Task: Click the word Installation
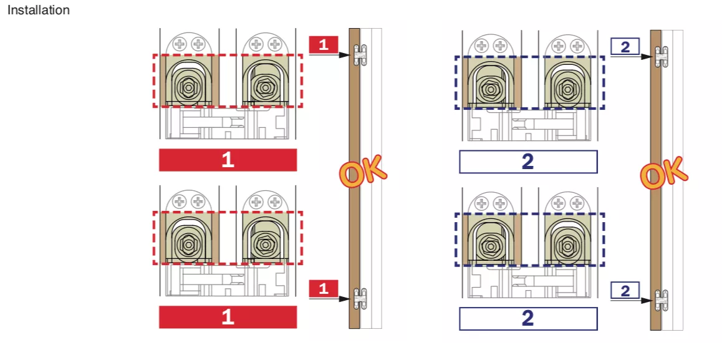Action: click(39, 10)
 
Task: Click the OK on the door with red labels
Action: click(363, 171)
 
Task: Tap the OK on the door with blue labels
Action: click(664, 173)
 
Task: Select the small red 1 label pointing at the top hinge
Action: click(324, 45)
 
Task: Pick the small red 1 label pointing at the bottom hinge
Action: click(324, 288)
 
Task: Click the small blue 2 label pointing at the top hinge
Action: click(625, 47)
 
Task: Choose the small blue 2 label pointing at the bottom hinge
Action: click(625, 291)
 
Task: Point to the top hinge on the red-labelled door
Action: click(360, 54)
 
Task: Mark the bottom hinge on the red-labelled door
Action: click(360, 298)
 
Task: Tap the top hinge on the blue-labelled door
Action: click(662, 57)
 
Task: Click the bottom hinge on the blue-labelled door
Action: click(662, 300)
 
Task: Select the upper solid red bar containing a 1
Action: click(228, 160)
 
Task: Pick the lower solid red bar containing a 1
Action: click(228, 317)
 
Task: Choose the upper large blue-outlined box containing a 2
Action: click(528, 162)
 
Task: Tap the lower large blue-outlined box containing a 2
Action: click(528, 319)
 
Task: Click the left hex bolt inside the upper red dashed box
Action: click(188, 87)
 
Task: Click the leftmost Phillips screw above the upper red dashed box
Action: click(179, 45)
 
